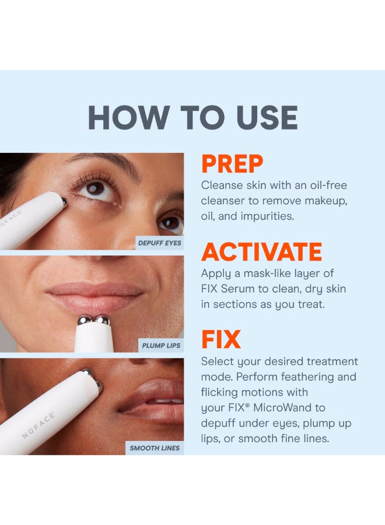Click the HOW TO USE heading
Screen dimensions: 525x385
pos(192,118)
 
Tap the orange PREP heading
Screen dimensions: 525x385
pos(232,164)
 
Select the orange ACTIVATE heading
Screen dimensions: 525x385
pos(261,252)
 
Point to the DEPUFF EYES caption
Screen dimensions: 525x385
pos(159,243)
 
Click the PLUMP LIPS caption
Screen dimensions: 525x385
pos(161,345)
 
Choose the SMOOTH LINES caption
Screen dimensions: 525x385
pos(155,448)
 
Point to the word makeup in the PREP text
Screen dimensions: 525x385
pos(327,200)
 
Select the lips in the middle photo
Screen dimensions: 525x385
pos(94,295)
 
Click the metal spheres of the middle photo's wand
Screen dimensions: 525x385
pos(94,320)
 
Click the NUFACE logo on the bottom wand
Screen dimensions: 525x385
pos(38,424)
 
